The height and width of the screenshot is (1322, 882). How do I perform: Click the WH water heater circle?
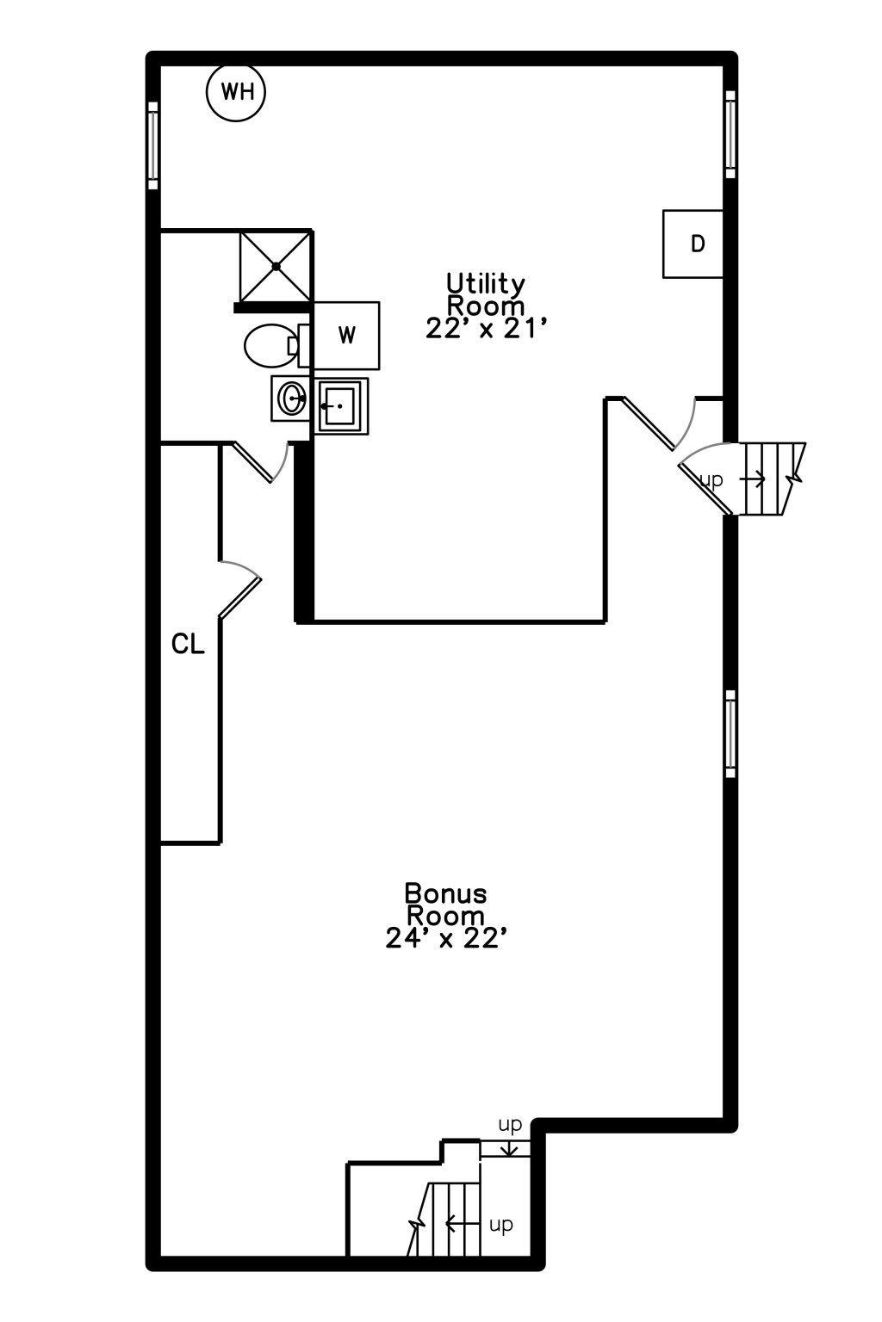pyautogui.click(x=236, y=92)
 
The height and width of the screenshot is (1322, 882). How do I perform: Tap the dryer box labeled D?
pyautogui.click(x=693, y=244)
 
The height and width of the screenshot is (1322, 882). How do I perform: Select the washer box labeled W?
pyautogui.click(x=346, y=335)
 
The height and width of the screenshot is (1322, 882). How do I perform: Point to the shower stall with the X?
pyautogui.click(x=276, y=266)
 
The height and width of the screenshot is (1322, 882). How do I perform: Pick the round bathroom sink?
pyautogui.click(x=290, y=399)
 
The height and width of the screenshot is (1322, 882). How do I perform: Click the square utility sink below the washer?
pyautogui.click(x=341, y=406)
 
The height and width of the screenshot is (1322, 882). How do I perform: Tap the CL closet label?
pyautogui.click(x=188, y=645)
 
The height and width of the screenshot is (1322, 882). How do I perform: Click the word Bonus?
pyautogui.click(x=445, y=895)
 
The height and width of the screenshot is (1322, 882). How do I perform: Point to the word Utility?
pyautogui.click(x=485, y=284)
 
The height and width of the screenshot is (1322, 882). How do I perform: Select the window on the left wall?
pyautogui.click(x=153, y=145)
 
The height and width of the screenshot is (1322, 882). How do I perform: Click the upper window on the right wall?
pyautogui.click(x=730, y=134)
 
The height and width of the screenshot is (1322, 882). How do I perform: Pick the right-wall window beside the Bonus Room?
pyautogui.click(x=730, y=733)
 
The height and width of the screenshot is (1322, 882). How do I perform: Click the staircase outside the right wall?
pyautogui.click(x=771, y=479)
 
